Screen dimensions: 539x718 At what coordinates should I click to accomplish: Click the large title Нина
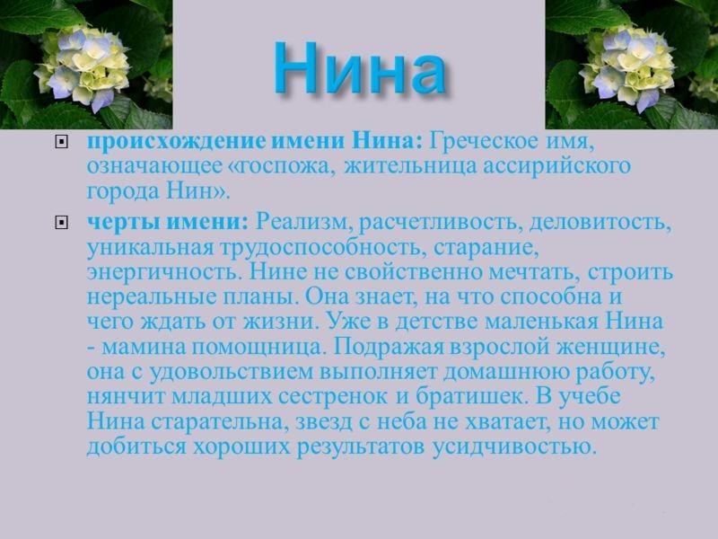click(359, 68)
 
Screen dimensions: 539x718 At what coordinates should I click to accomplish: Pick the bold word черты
click(117, 221)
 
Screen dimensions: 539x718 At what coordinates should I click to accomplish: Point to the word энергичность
click(154, 271)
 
